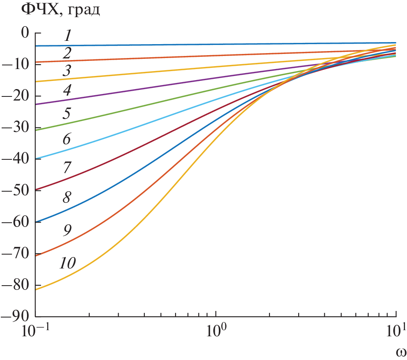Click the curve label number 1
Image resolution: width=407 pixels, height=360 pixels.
click(x=67, y=36)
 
